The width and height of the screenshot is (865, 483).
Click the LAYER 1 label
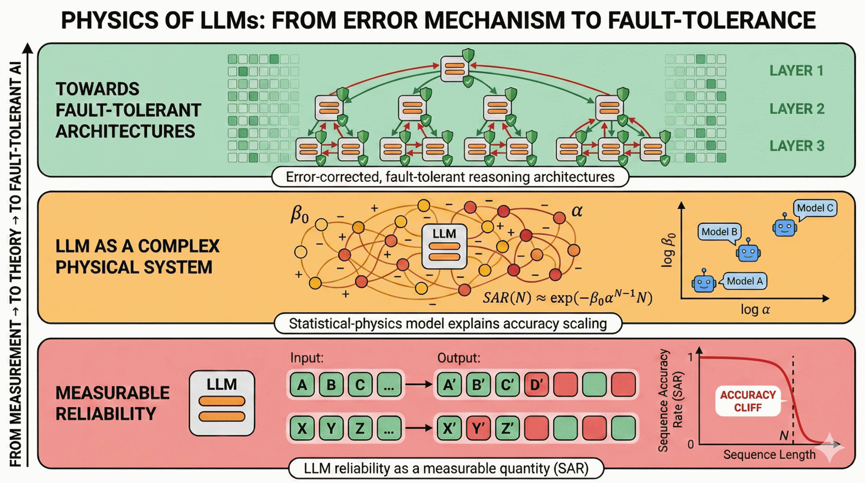tap(796, 71)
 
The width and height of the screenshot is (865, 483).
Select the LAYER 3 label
tap(797, 146)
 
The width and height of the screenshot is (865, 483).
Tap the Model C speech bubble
tap(815, 208)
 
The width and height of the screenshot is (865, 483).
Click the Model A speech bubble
tap(744, 281)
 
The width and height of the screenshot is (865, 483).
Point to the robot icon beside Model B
tap(748, 251)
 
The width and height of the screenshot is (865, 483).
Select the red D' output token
tap(536, 385)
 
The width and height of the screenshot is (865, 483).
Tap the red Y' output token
tap(478, 428)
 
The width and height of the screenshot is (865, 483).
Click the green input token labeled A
tap(302, 385)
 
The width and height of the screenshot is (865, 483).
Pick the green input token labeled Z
tap(360, 428)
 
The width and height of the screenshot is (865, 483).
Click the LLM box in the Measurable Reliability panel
tap(222, 403)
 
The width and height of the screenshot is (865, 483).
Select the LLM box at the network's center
tap(444, 246)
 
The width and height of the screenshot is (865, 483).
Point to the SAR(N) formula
tap(567, 298)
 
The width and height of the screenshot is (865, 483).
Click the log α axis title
tap(755, 310)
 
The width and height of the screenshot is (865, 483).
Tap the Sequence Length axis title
tap(769, 455)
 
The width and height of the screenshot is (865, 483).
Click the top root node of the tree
tap(455, 69)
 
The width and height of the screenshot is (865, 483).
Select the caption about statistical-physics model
tap(447, 323)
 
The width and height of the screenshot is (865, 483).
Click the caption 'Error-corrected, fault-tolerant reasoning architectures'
tap(450, 177)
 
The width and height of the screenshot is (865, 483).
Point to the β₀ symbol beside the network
tap(299, 214)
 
